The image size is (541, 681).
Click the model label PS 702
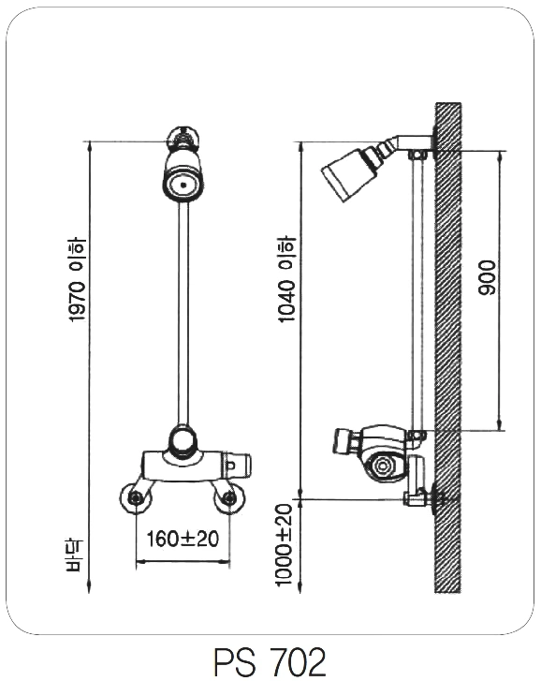(x=270, y=661)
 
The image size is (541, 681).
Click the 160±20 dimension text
(x=183, y=539)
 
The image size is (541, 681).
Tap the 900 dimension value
(x=487, y=277)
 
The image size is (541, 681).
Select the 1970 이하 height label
(x=78, y=280)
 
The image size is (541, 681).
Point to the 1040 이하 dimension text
(x=286, y=279)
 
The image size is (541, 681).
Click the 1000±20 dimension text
(x=285, y=545)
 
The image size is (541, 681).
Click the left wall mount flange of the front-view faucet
(x=137, y=497)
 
